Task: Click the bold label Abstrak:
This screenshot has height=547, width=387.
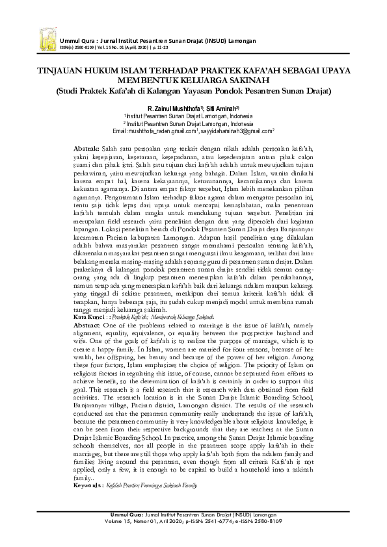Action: [86, 149]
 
